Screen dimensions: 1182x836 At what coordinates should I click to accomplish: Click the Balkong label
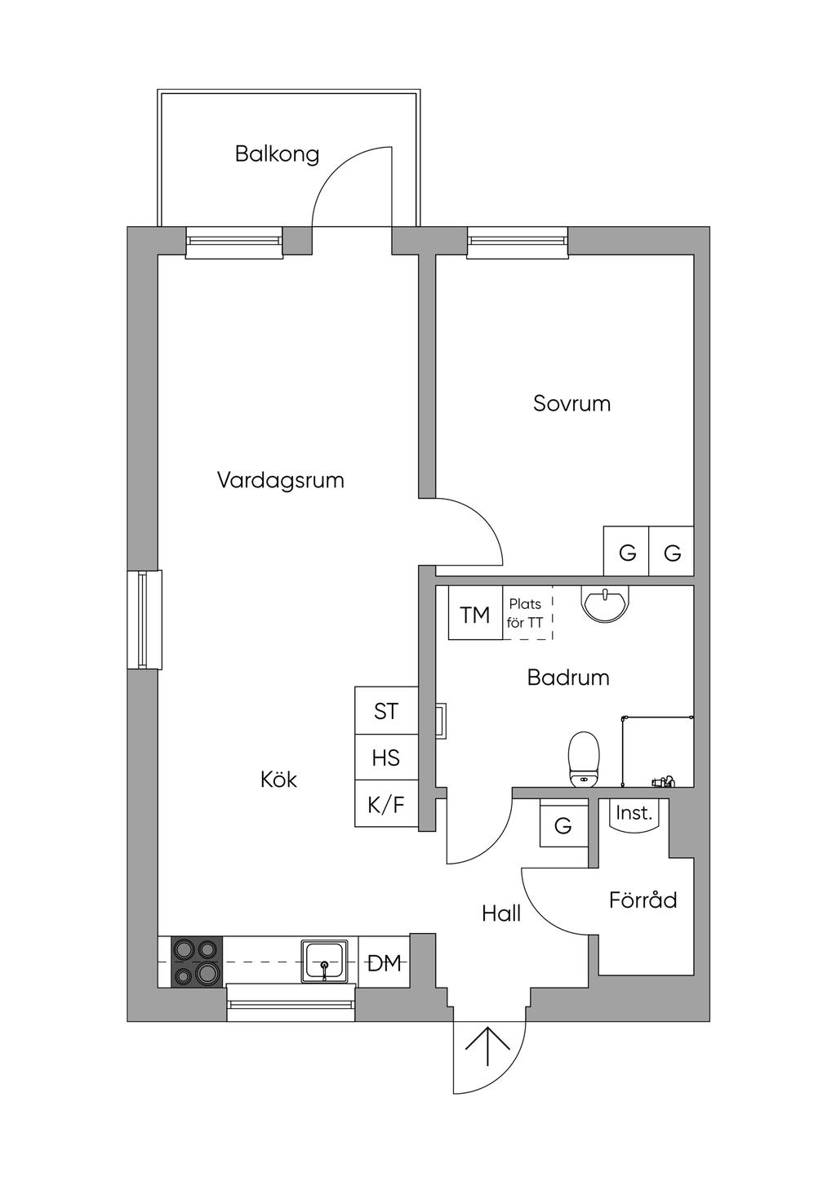tap(277, 153)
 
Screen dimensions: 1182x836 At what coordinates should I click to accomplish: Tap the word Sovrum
tap(571, 403)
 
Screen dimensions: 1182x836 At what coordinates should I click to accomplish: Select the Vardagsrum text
tap(280, 480)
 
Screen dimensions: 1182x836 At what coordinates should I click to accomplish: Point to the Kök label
tap(278, 780)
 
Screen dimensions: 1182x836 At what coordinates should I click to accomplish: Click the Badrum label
tap(568, 678)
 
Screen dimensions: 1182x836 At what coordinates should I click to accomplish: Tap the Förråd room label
tap(643, 900)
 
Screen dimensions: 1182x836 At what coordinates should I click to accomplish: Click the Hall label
tap(501, 913)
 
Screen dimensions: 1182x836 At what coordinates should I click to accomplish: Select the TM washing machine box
tap(475, 615)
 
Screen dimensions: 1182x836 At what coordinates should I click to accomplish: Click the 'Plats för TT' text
tap(525, 613)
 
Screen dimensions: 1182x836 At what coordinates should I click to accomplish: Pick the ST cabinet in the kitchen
tap(386, 712)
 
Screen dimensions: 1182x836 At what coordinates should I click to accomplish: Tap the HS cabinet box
tap(386, 758)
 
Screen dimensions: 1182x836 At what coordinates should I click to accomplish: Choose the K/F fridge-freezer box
tap(386, 805)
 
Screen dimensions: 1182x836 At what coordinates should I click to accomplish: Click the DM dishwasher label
tap(385, 963)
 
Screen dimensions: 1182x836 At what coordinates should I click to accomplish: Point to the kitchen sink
tap(325, 962)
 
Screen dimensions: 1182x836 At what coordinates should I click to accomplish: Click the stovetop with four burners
tap(197, 961)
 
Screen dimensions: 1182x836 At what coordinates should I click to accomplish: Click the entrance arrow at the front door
tap(488, 1046)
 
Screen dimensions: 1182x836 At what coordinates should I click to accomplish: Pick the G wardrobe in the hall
tap(563, 826)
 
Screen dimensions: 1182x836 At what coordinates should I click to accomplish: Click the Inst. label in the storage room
tap(634, 813)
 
